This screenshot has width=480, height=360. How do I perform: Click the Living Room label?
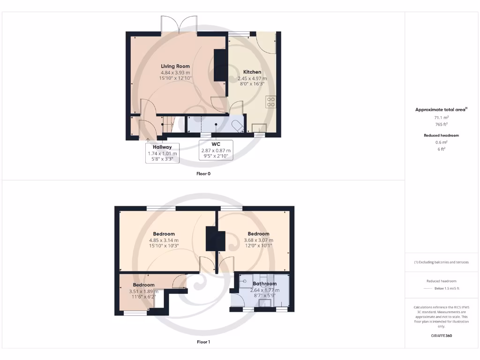pos(175,66)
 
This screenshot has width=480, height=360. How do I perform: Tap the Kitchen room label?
pos(252,72)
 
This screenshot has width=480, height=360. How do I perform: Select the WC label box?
pos(216,150)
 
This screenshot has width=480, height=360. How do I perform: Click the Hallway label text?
pos(162,147)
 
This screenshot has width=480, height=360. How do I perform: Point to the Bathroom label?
pos(265,284)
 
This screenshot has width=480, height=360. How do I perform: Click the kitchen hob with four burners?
pos(270,102)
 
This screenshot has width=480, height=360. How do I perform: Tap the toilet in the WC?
pos(237,126)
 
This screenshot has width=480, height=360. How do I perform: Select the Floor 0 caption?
pos(203,173)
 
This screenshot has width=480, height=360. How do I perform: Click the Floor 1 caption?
pos(203,342)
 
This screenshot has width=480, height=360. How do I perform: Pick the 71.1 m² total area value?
pos(441,118)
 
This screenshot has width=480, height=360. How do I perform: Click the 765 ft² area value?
pos(441,124)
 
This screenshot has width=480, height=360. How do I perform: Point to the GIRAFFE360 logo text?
pos(441,336)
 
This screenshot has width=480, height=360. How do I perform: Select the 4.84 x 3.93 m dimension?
pos(175,73)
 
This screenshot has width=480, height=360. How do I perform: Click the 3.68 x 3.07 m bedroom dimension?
pos(258,240)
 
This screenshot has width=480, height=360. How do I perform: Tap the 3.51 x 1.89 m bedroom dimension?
pos(143,291)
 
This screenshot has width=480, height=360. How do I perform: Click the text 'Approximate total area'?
pos(440,110)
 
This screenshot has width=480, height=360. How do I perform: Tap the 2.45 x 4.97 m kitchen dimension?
pos(252,79)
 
